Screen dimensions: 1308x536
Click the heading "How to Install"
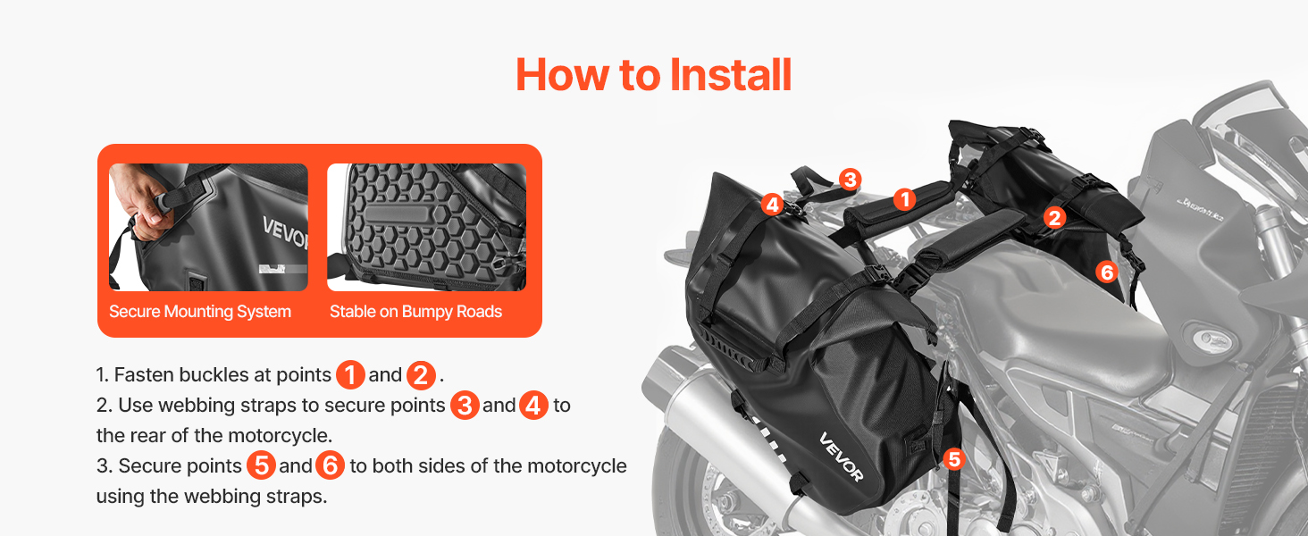(x=653, y=75)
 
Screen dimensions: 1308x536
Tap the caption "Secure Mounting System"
(x=200, y=312)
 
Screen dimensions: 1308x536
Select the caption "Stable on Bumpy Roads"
(x=415, y=312)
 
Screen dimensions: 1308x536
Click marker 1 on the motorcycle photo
(x=904, y=200)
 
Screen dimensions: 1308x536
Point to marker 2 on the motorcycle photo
(x=1054, y=218)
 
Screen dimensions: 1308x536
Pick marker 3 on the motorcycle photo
(x=851, y=180)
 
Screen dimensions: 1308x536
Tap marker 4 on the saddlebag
(x=773, y=205)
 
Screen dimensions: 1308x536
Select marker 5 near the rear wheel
(x=954, y=459)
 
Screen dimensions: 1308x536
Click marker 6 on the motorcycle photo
(x=1106, y=272)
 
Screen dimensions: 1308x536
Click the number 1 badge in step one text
(x=350, y=375)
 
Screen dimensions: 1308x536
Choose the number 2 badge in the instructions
(x=421, y=375)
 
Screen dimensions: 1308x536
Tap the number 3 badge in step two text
(x=465, y=406)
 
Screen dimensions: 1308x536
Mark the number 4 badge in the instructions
(x=533, y=406)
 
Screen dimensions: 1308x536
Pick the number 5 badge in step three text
(x=261, y=465)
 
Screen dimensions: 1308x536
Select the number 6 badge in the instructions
(x=330, y=465)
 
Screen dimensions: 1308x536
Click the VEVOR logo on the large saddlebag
(x=841, y=457)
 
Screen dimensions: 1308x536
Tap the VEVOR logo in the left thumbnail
(x=285, y=231)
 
